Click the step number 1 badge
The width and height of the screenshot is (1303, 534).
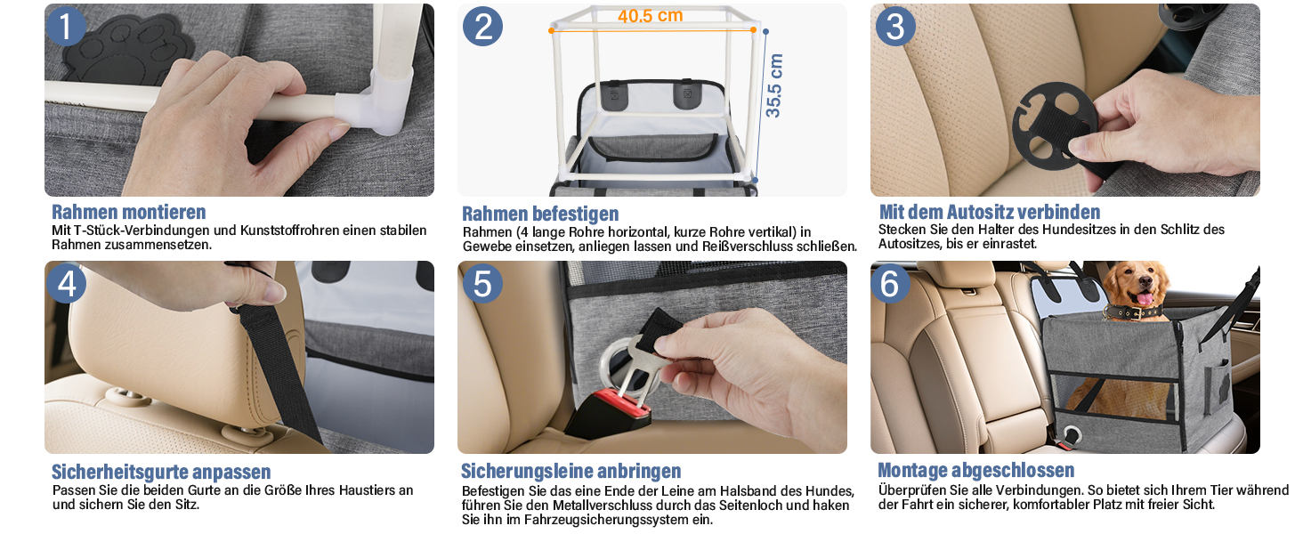pos(66,26)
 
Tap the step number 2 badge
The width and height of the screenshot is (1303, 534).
pos(482,27)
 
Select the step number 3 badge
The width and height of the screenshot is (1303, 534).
pos(895,26)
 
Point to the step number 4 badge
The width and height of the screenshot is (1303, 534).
pos(67,284)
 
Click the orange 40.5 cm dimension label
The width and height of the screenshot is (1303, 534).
pos(651,16)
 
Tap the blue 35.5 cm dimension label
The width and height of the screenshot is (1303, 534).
pos(773,85)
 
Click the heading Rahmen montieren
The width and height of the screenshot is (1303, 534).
pos(128,212)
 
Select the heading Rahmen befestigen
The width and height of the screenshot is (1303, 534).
pos(540,214)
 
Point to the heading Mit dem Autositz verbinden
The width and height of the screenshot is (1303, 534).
pos(990,212)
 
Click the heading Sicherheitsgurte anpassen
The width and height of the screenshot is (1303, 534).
pos(161,471)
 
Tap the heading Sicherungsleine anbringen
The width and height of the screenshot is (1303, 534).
pos(571,471)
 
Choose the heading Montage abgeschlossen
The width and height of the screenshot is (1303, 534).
pos(976,470)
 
